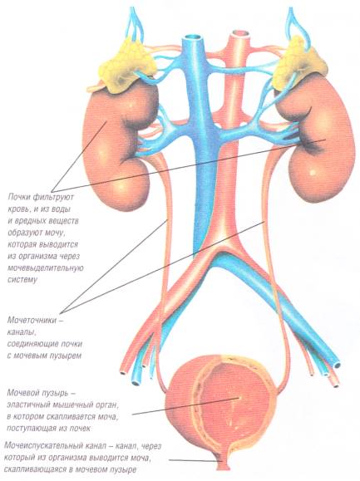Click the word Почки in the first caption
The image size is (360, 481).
pyautogui.click(x=19, y=197)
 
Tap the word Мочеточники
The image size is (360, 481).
pyautogui.click(x=32, y=321)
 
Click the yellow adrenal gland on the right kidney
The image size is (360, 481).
pyautogui.click(x=297, y=66)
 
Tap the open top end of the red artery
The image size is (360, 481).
pyautogui.click(x=240, y=33)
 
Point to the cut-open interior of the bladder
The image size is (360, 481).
pyautogui.click(x=234, y=404)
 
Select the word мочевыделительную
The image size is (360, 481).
pyautogui.click(x=46, y=267)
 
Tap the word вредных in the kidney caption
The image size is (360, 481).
pyautogui.click(x=31, y=221)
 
